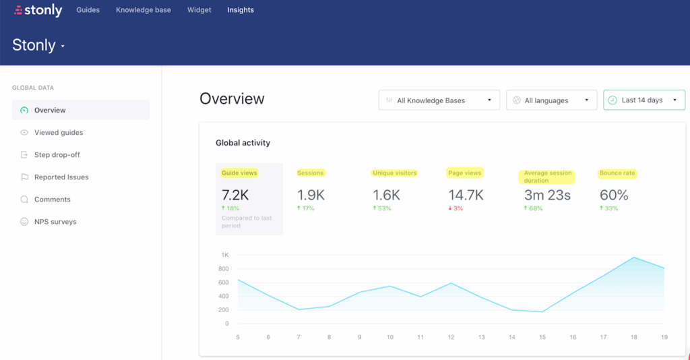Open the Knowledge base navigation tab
[x=143, y=10]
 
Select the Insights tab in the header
[x=241, y=10]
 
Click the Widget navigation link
[x=199, y=10]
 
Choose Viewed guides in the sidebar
[x=59, y=133]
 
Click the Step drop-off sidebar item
[x=57, y=155]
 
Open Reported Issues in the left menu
[x=61, y=177]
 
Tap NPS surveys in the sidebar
[x=55, y=222]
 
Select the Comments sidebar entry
[x=52, y=200]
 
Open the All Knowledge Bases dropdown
[x=439, y=100]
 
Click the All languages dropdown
[x=551, y=100]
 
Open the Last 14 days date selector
[x=644, y=100]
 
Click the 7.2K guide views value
[x=235, y=195]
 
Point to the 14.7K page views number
[x=466, y=195]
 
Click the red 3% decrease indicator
[x=458, y=208]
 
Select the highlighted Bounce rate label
[x=617, y=173]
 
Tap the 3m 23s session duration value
[x=547, y=195]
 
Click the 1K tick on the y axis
[x=224, y=255]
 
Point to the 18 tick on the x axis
[x=634, y=337]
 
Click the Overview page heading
[x=232, y=99]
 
